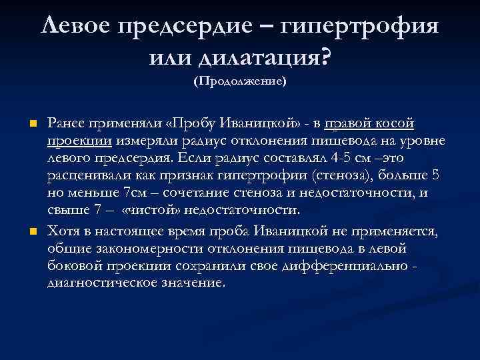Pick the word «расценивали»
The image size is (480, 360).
tap(85, 176)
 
